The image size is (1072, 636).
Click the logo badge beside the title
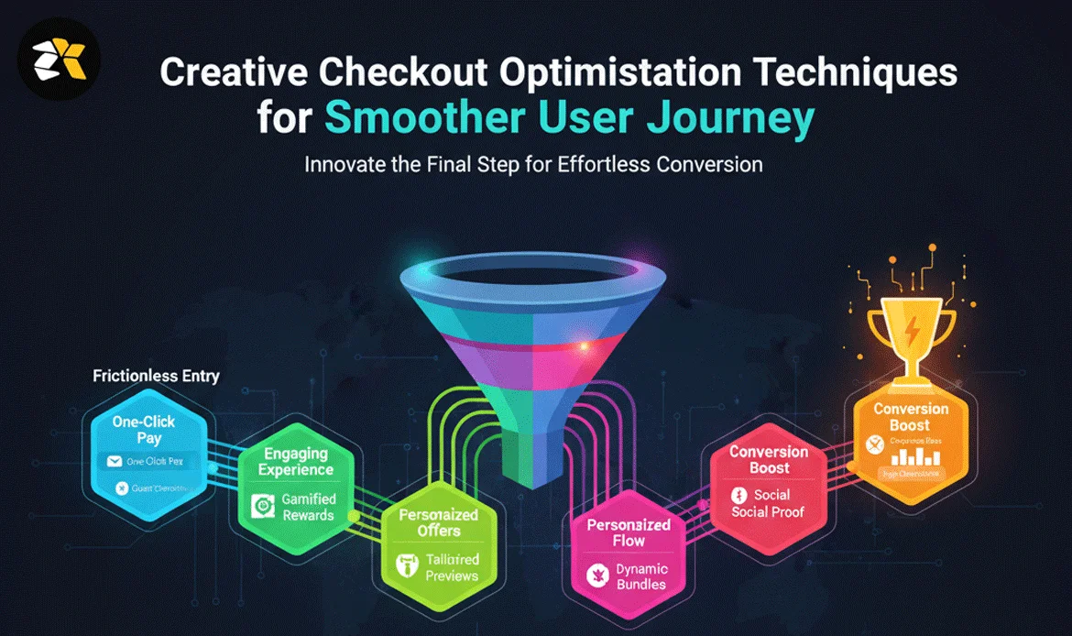(60, 59)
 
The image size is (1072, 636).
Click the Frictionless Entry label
(156, 376)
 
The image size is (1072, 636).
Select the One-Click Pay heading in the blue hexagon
(143, 431)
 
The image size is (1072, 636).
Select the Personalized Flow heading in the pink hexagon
(629, 533)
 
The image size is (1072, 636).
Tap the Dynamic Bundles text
(641, 576)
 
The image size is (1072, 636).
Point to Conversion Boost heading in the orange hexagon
(911, 417)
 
